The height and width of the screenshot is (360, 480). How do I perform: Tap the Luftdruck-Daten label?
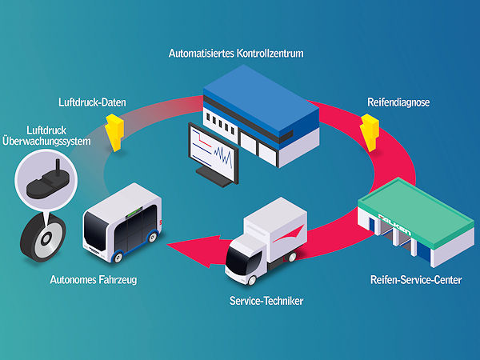91,103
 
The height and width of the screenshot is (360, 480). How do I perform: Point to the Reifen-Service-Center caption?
414,280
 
